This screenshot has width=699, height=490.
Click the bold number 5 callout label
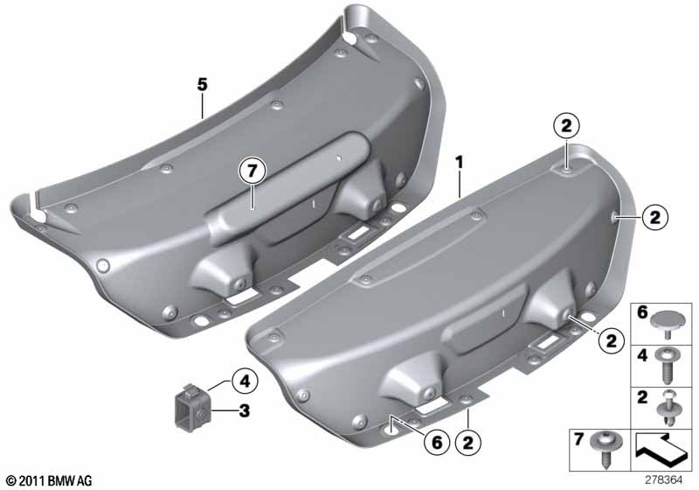tap(203, 84)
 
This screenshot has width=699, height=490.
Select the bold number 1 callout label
tap(459, 163)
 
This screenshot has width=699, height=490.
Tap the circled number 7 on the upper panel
tap(253, 171)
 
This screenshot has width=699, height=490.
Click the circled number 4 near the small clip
tap(245, 381)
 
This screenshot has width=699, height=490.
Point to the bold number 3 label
tap(245, 410)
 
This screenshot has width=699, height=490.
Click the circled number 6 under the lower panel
tap(436, 442)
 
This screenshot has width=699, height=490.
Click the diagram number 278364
tap(663, 480)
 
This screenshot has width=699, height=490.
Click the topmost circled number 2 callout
tap(565, 126)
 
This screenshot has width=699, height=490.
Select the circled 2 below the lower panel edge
tap(468, 442)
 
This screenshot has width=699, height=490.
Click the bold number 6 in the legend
tap(642, 312)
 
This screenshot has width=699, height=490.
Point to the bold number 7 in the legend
tap(578, 439)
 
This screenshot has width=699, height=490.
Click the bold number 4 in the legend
tap(642, 355)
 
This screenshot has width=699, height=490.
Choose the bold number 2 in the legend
tap(642, 396)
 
